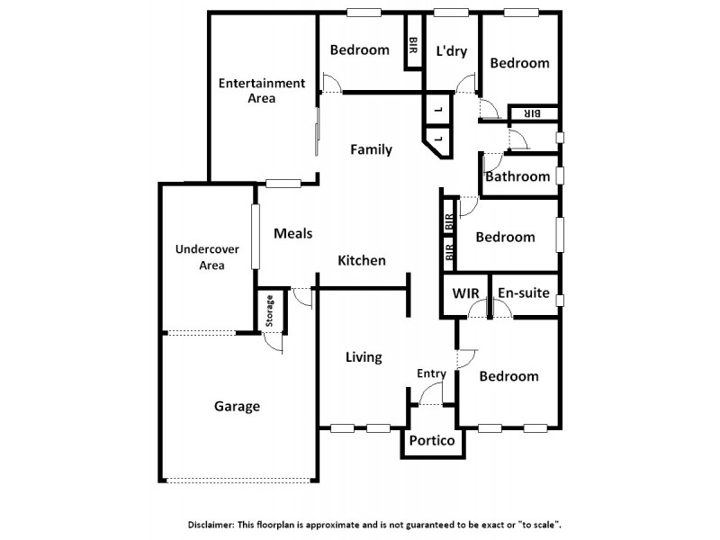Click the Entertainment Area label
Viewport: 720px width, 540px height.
263,91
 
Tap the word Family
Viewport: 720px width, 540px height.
371,149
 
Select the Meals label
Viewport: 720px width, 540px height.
292,233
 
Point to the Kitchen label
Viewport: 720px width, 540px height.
362,260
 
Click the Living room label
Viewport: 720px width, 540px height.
364,357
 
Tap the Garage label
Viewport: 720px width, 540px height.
237,406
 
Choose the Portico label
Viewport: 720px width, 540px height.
431,441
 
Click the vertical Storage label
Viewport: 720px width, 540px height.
269,310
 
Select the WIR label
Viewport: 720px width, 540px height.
465,293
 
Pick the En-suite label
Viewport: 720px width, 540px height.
522,293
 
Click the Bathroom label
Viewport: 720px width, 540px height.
517,176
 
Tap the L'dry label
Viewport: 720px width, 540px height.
452,50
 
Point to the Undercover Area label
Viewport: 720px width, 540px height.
200,256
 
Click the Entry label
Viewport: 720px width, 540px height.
431,373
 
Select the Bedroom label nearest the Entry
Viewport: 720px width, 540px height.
508,376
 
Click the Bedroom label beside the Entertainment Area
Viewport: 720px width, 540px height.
359,49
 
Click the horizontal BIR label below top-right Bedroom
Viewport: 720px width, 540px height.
532,113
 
